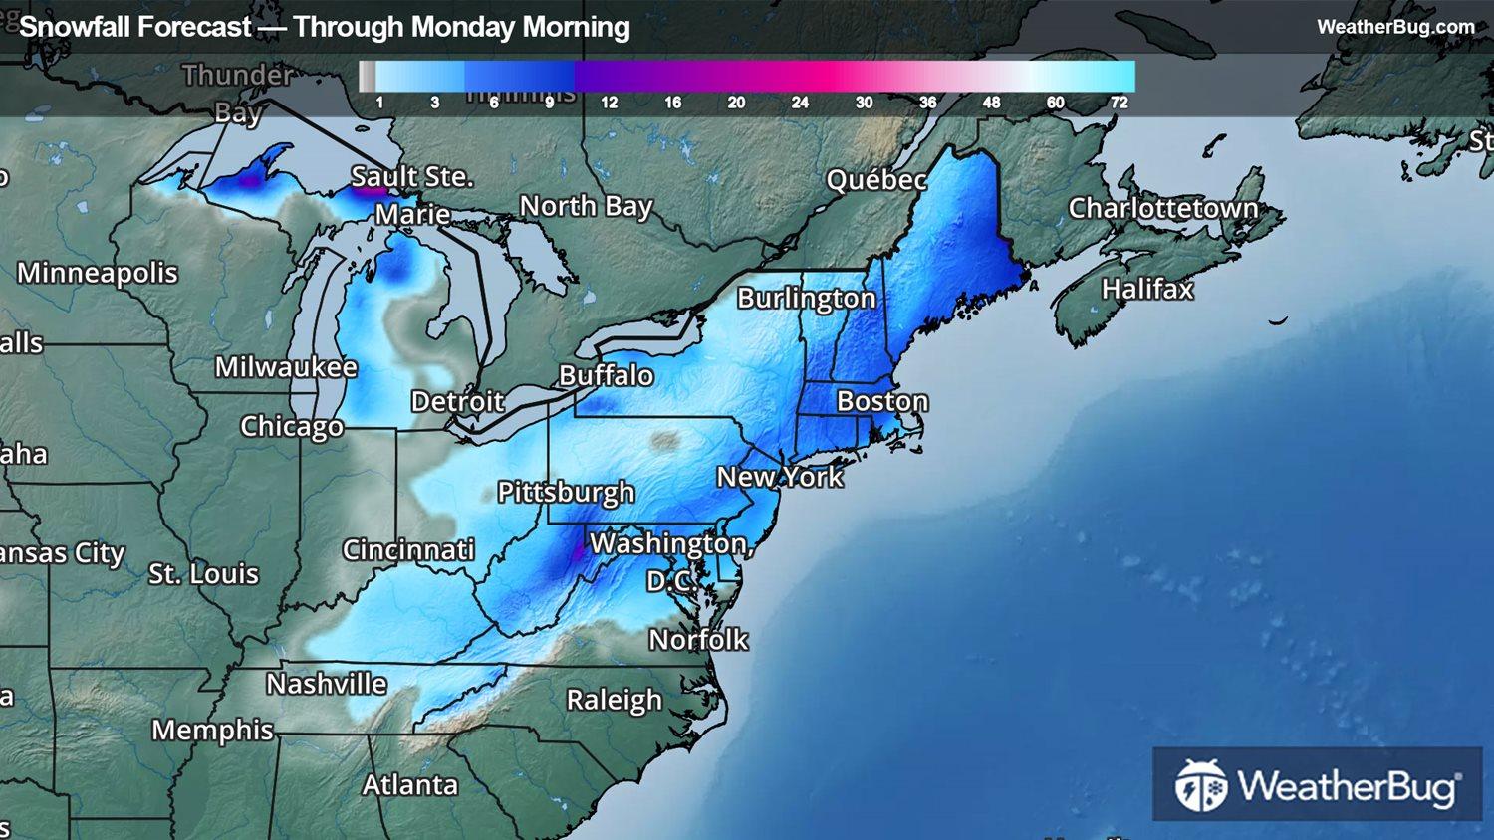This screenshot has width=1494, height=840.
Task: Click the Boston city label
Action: tap(882, 401)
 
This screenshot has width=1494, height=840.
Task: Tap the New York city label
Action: tap(780, 477)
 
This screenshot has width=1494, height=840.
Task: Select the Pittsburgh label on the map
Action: tap(566, 492)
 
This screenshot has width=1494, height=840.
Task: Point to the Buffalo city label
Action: tap(606, 375)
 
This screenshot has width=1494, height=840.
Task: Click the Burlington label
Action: tap(807, 299)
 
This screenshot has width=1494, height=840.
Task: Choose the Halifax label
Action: tap(1147, 289)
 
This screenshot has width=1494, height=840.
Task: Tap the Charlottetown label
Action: tap(1163, 208)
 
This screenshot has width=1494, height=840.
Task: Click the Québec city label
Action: tap(876, 180)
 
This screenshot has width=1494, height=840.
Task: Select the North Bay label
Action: tap(586, 206)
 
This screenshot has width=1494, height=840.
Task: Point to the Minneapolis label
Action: tap(98, 273)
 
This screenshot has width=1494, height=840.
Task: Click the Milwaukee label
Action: tap(286, 367)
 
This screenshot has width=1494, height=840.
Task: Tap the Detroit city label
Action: tap(457, 401)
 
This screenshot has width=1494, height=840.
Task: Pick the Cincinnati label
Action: tap(408, 550)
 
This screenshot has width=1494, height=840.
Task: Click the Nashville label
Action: tap(327, 684)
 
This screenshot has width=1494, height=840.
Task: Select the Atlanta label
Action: tap(410, 785)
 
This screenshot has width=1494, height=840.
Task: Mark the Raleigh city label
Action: tap(614, 700)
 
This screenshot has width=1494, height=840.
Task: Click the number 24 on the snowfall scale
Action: tap(800, 103)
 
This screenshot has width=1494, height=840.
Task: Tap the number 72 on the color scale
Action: tap(1119, 103)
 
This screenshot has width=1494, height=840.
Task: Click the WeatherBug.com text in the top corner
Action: tap(1395, 27)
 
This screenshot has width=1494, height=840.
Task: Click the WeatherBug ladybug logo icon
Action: tap(1200, 786)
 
